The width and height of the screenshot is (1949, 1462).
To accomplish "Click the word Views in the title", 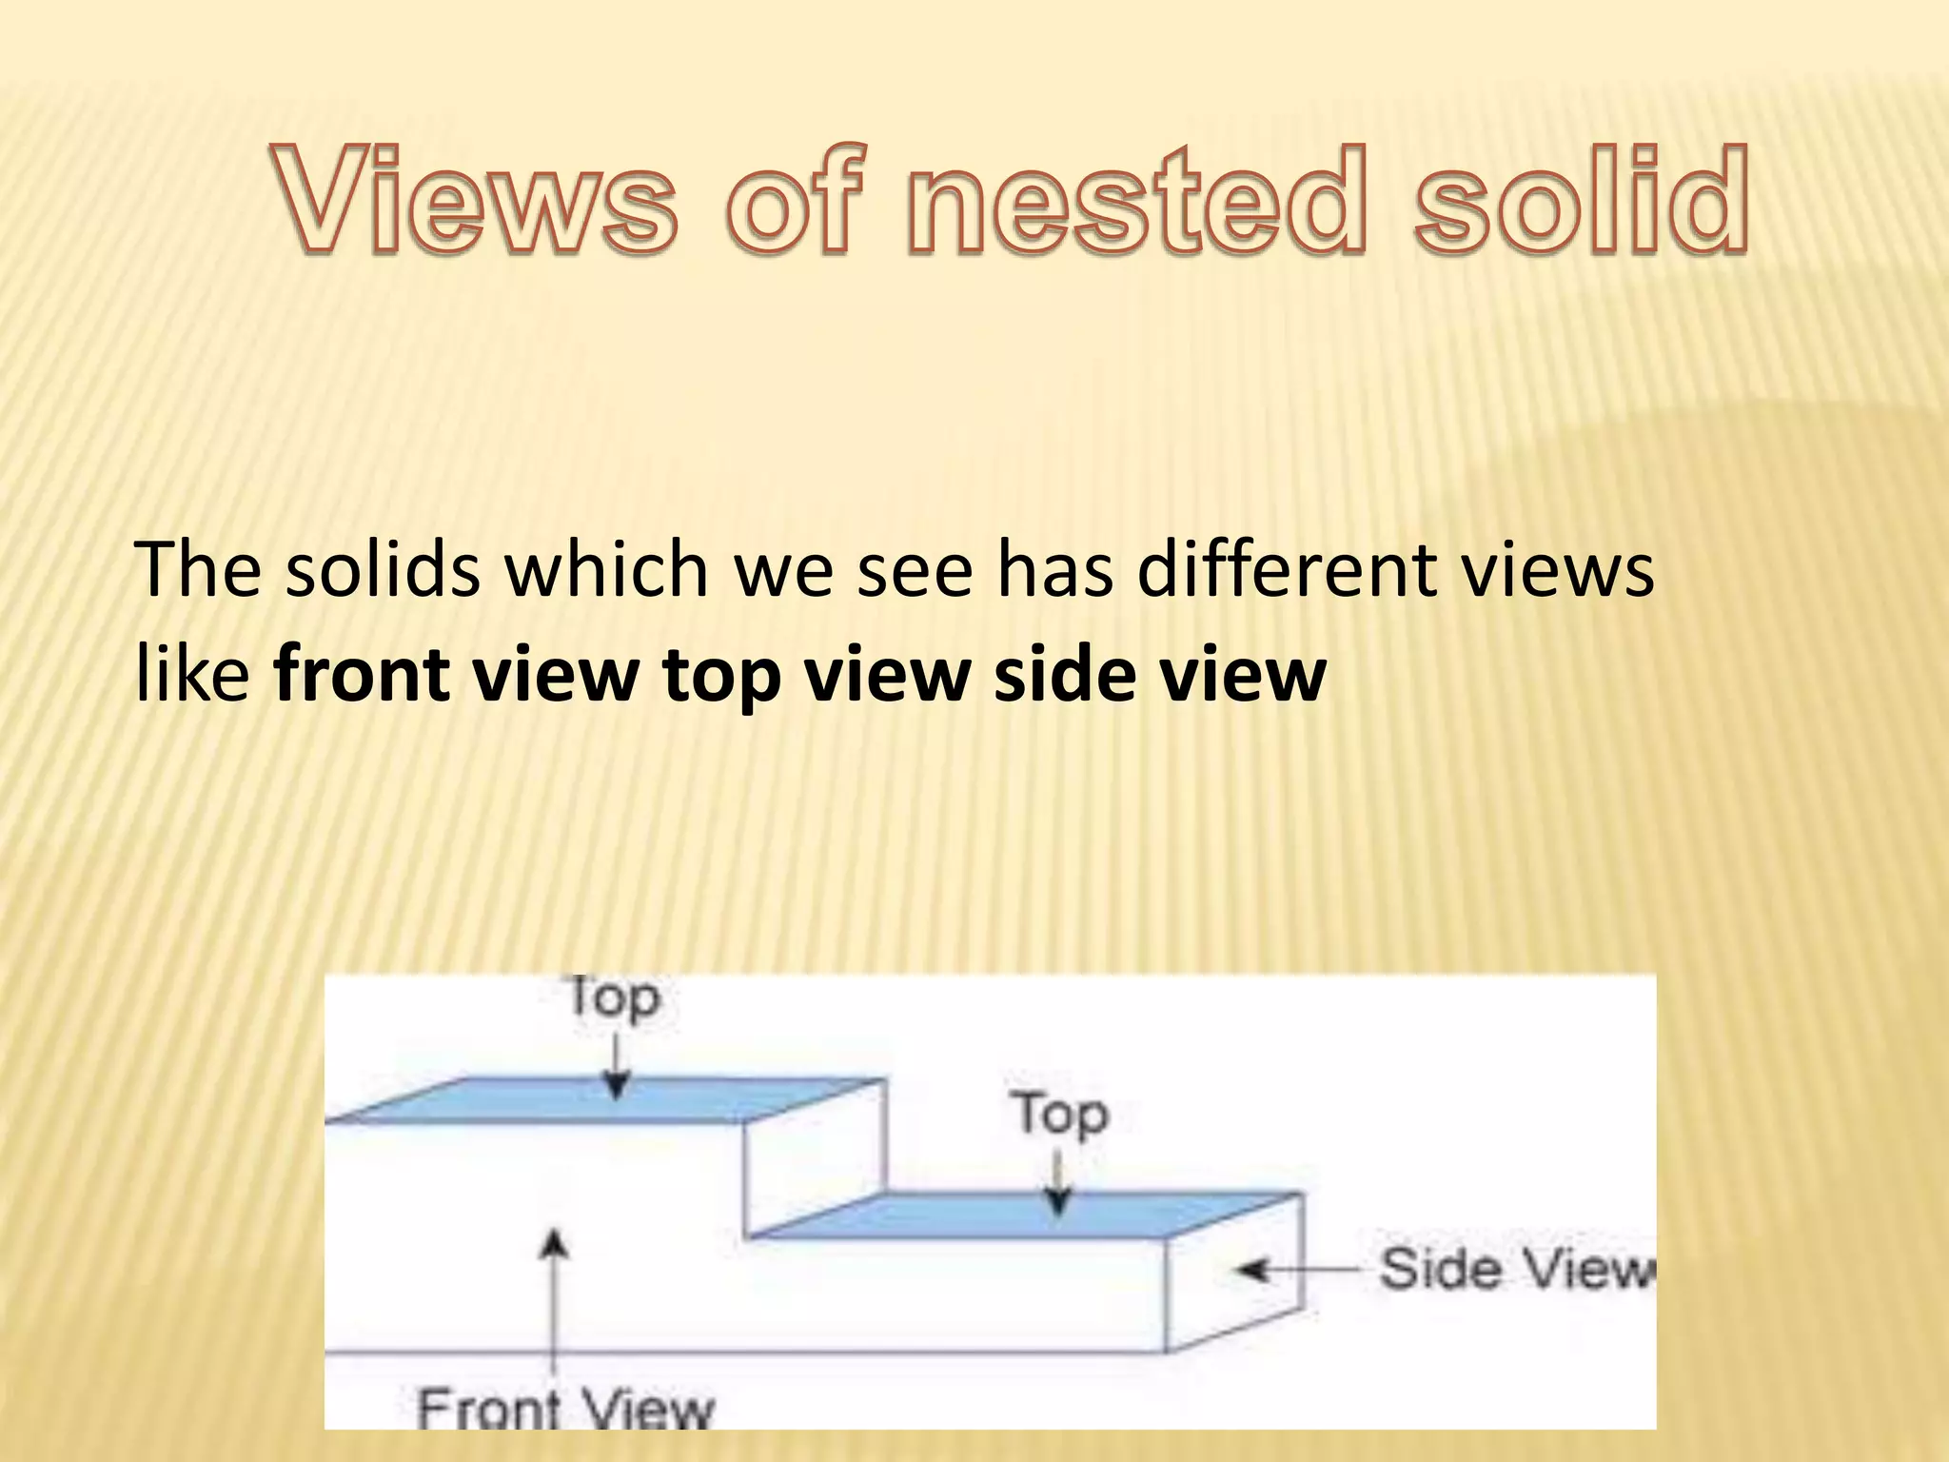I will pyautogui.click(x=476, y=200).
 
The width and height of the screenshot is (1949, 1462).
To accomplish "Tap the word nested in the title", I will pyautogui.click(x=1136, y=200).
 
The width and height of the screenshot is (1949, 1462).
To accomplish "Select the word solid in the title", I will pyautogui.click(x=1580, y=200).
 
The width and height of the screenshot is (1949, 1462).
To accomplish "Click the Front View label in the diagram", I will pyautogui.click(x=565, y=1408).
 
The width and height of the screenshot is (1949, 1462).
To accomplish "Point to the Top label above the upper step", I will pyautogui.click(x=613, y=998).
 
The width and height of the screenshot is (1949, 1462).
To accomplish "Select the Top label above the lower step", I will pyautogui.click(x=1060, y=1114).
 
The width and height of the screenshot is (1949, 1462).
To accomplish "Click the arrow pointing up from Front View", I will pyautogui.click(x=554, y=1294).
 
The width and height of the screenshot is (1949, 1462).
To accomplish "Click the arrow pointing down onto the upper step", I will pyautogui.click(x=617, y=1066).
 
